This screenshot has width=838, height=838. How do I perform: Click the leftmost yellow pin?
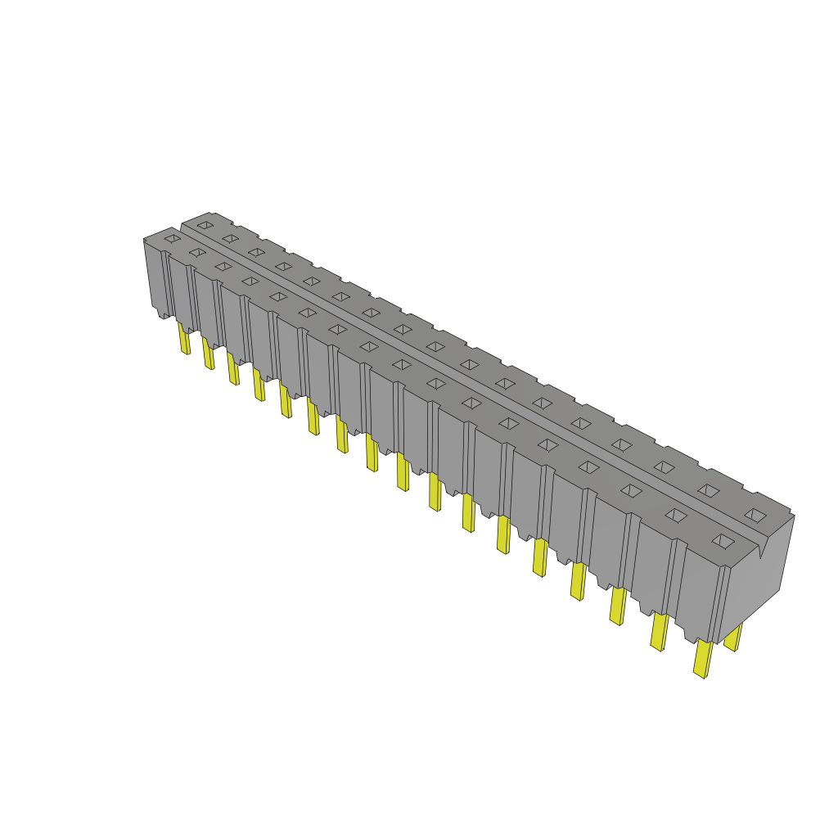(x=184, y=338)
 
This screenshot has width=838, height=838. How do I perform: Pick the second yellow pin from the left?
(x=209, y=354)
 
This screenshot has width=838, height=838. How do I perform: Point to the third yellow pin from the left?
(x=233, y=368)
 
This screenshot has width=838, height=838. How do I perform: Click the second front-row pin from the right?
(x=659, y=631)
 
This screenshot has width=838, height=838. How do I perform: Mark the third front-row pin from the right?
(x=618, y=606)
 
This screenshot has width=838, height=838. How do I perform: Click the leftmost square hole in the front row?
(x=172, y=238)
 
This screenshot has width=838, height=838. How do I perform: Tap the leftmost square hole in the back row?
(x=205, y=224)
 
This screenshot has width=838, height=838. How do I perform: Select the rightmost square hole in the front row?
(x=722, y=541)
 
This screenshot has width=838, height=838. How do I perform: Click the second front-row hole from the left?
(x=197, y=252)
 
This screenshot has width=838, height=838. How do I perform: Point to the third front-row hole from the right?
(x=631, y=490)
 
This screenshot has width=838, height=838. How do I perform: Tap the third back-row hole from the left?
(x=256, y=252)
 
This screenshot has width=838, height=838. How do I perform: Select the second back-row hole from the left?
(x=230, y=238)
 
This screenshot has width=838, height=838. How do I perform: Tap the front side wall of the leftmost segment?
(x=155, y=278)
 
